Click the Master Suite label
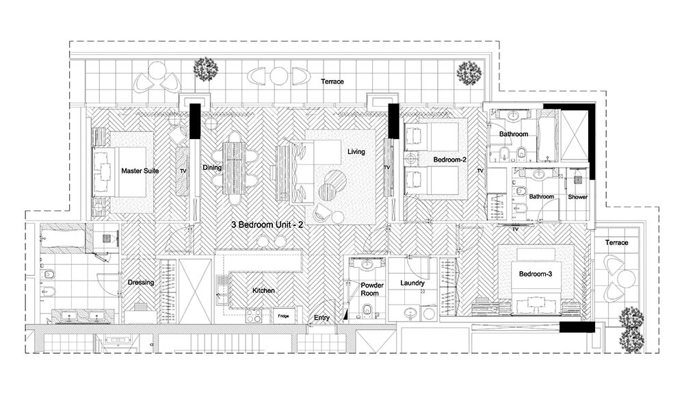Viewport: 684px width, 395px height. (140, 170)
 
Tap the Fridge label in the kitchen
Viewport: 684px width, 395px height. (284, 316)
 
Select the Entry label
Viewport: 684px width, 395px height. (321, 318)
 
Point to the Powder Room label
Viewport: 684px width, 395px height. (372, 289)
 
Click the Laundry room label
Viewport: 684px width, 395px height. (412, 283)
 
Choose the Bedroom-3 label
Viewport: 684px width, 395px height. (536, 274)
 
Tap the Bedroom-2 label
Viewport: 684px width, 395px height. (450, 160)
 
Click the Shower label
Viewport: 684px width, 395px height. (577, 197)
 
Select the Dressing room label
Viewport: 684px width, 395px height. (140, 283)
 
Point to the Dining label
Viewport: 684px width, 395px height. (212, 168)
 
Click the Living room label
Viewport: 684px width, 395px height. (356, 152)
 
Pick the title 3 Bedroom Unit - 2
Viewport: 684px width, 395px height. (267, 225)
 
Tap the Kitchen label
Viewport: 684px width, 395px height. (263, 290)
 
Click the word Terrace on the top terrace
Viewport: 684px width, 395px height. (332, 81)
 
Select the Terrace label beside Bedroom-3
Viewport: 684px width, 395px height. (616, 242)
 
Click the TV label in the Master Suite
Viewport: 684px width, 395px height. (183, 171)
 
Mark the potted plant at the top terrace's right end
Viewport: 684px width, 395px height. (469, 73)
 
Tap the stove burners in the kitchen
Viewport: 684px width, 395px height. (254, 316)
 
